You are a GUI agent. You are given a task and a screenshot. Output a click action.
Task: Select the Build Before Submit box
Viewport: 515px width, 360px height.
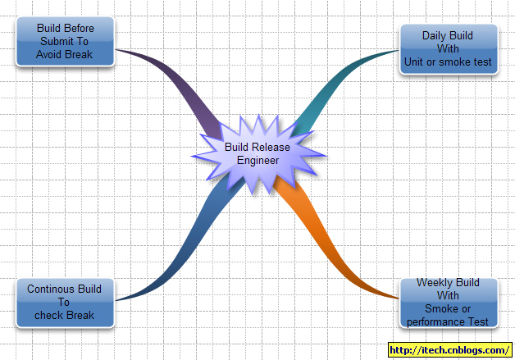(x=66, y=43)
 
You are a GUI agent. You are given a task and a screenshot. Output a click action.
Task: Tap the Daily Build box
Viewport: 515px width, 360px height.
(x=449, y=49)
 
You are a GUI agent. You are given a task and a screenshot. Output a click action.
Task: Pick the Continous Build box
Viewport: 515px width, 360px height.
(x=65, y=303)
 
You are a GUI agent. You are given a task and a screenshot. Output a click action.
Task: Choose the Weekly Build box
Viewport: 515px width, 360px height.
(x=448, y=303)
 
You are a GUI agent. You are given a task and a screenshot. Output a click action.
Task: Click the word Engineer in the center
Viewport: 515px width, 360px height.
(x=258, y=160)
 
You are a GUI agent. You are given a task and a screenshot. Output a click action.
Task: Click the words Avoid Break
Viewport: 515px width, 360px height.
(x=65, y=55)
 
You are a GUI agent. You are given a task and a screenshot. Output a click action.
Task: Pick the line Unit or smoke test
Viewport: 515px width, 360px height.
(x=448, y=61)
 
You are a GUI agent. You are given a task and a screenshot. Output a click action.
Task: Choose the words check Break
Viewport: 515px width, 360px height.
(x=65, y=315)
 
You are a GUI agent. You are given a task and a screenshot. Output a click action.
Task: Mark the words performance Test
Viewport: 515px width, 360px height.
(x=448, y=321)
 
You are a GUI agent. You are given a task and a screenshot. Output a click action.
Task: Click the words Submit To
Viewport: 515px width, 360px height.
(x=65, y=41)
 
